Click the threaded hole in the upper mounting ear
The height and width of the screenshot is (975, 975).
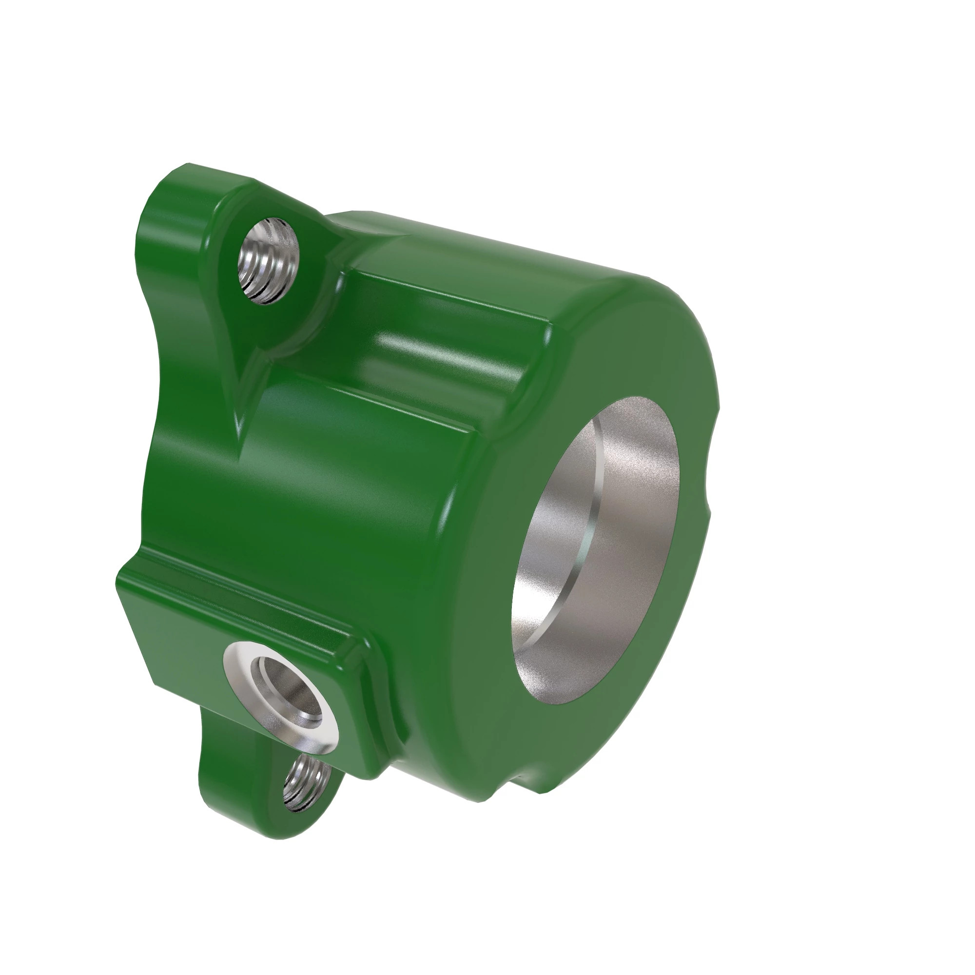pyautogui.click(x=268, y=260)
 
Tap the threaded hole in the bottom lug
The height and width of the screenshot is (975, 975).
pyautogui.click(x=306, y=783)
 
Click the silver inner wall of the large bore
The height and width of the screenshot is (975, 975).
pyautogui.click(x=631, y=505)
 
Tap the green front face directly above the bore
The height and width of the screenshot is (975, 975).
pyautogui.click(x=631, y=353)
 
